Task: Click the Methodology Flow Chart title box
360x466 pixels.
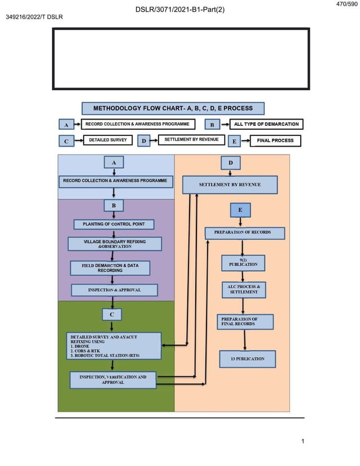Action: pos(172,108)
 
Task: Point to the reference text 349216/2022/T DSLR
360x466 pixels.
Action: pos(34,17)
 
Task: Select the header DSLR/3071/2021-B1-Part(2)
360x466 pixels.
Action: pos(180,10)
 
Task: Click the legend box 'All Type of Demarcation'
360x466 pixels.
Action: pos(266,124)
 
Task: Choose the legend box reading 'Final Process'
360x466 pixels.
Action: pos(275,140)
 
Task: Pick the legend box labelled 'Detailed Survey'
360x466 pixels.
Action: pos(108,140)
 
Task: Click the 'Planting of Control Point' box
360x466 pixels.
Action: pos(114,225)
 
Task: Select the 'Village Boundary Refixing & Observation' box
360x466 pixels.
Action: pos(115,244)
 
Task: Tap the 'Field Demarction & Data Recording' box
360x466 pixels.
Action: pos(110,268)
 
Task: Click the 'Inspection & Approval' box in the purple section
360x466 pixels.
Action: pos(114,290)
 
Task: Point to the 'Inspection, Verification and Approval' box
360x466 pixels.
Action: pos(113,380)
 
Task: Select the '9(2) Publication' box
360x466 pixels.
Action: pos(243,263)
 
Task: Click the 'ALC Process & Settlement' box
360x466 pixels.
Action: pos(243,290)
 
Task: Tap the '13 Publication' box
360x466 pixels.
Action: pos(247,359)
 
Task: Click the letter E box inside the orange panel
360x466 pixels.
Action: pos(240,210)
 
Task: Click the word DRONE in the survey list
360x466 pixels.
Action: pos(82,346)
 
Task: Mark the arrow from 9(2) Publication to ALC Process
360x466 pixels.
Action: pos(243,276)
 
